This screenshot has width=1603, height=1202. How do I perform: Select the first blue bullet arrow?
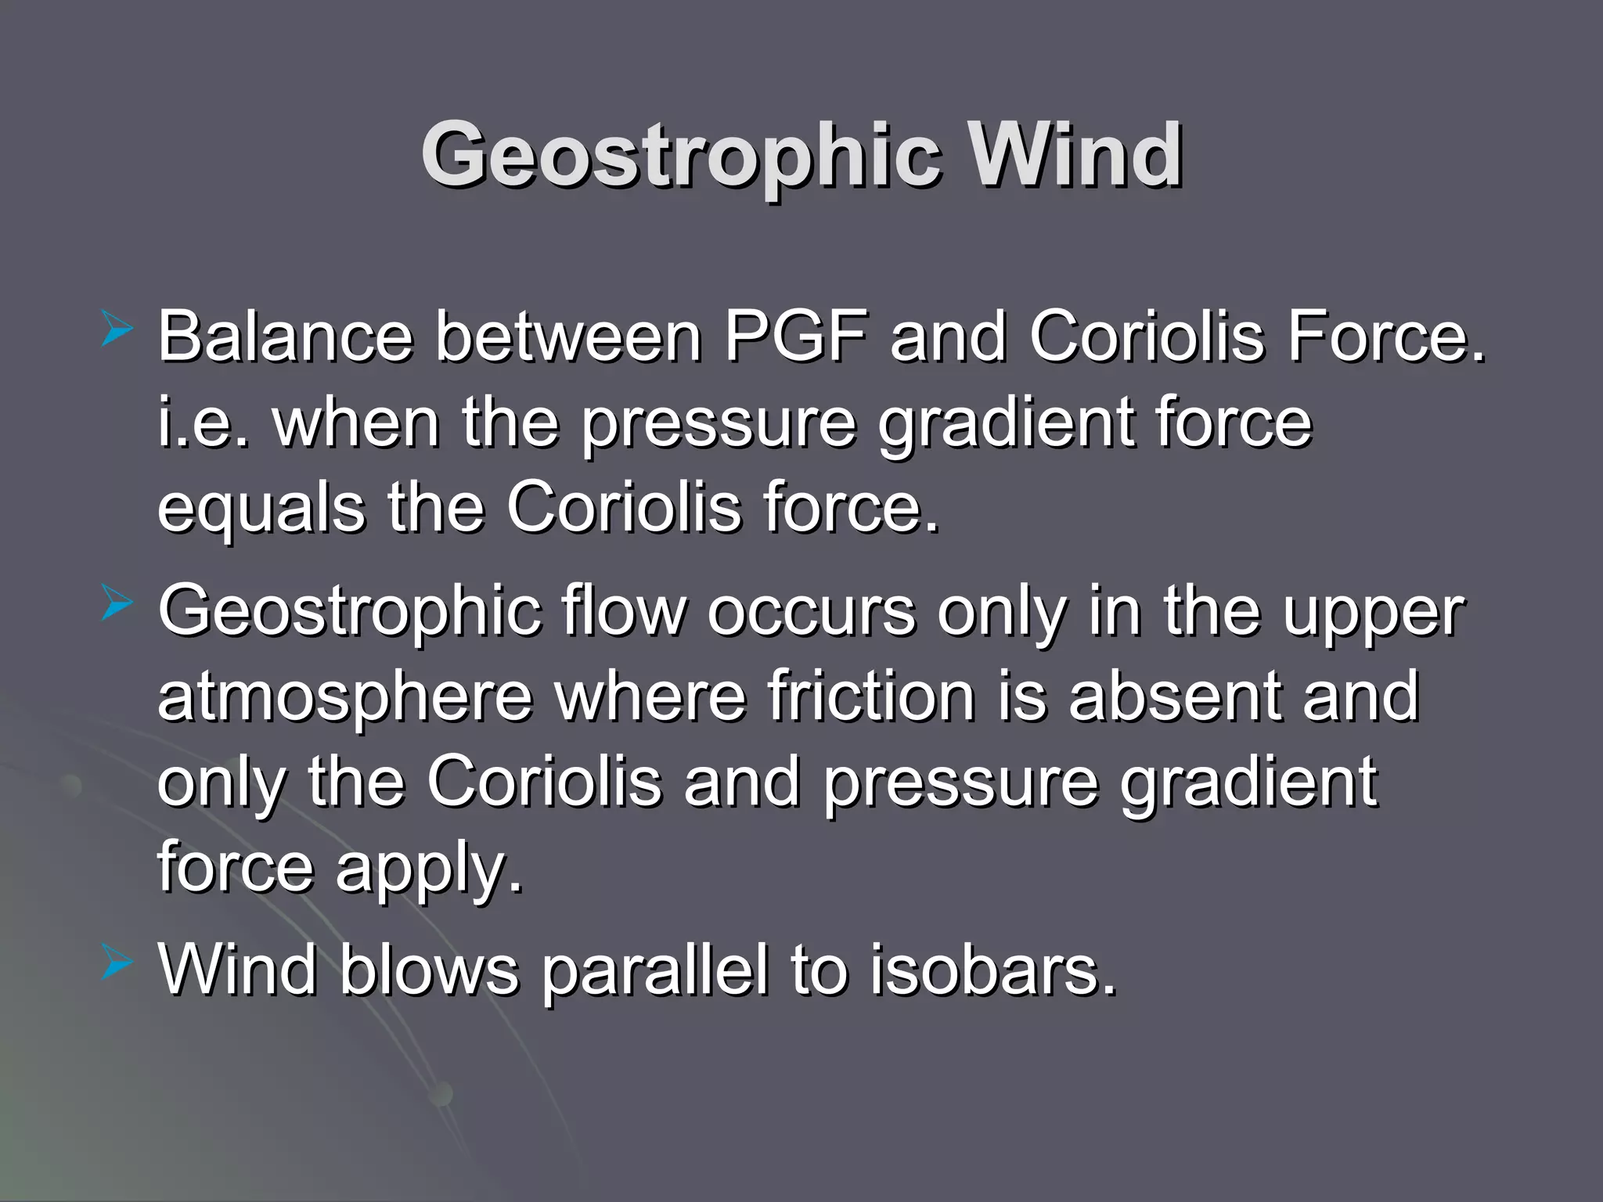pyautogui.click(x=117, y=330)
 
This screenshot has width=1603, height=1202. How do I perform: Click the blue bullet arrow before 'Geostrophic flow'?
pyautogui.click(x=117, y=606)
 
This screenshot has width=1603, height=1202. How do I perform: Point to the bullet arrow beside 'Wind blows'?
pyautogui.click(x=117, y=964)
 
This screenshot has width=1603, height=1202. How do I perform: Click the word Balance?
pyautogui.click(x=285, y=336)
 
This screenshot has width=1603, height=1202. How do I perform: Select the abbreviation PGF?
pyautogui.click(x=796, y=336)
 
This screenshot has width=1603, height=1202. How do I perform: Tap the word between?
pyautogui.click(x=568, y=336)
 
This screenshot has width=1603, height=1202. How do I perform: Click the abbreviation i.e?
pyautogui.click(x=203, y=423)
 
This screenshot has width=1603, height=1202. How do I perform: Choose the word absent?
pyautogui.click(x=1175, y=696)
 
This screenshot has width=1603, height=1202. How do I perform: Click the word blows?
pyautogui.click(x=429, y=970)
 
